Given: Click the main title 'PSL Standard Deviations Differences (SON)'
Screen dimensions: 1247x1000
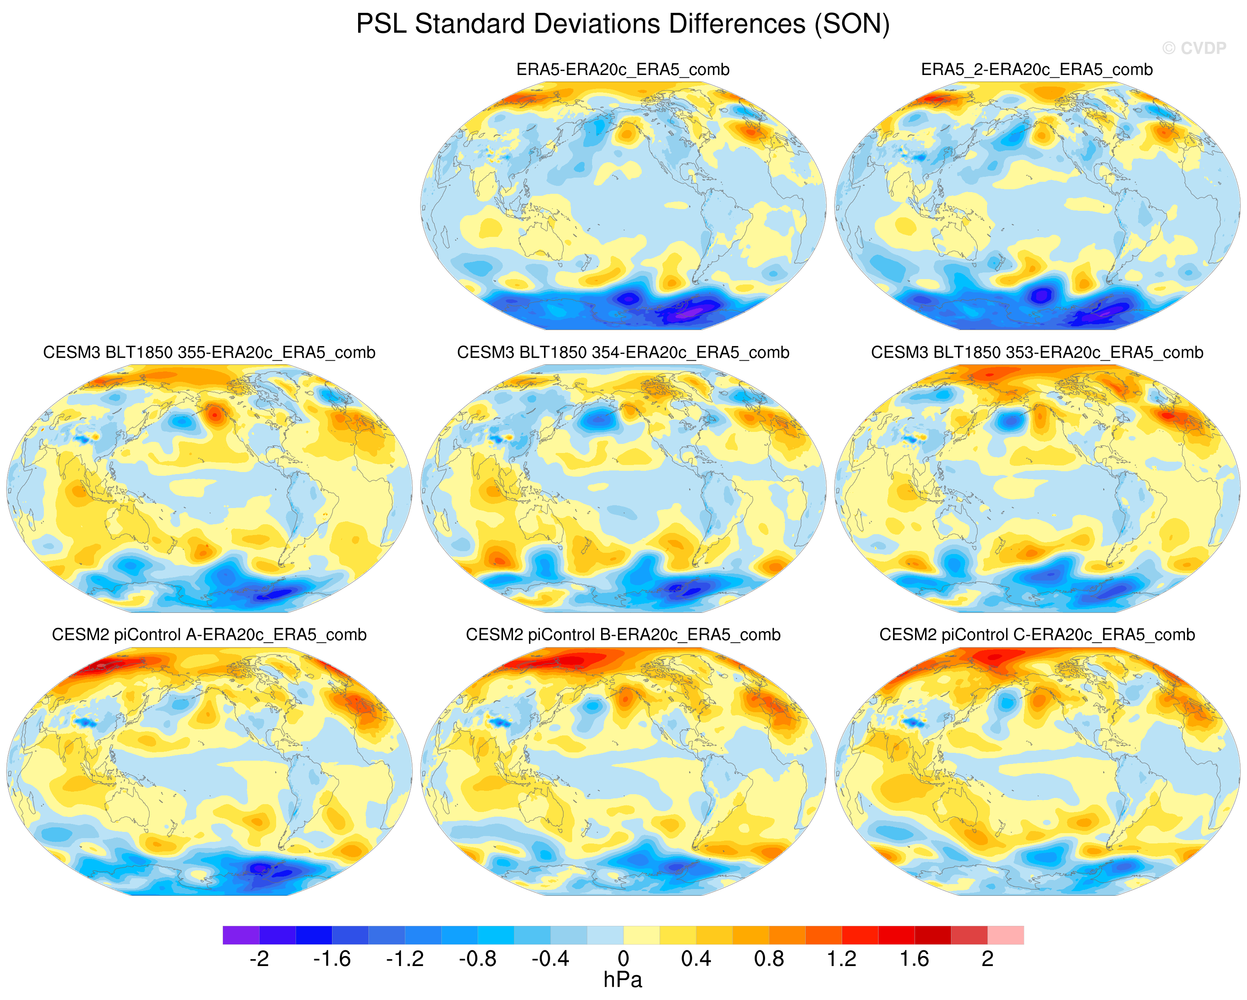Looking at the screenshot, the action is (x=623, y=24).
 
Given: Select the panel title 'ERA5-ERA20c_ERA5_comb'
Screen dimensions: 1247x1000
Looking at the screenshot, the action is (x=623, y=70).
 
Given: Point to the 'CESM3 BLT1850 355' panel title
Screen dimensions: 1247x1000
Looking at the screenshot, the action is (x=209, y=352).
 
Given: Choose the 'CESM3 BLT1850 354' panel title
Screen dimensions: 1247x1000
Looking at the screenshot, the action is (x=623, y=352).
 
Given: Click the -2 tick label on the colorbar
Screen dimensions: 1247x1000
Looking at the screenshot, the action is (x=259, y=959).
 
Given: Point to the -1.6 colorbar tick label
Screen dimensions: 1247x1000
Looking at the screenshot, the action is (x=332, y=959).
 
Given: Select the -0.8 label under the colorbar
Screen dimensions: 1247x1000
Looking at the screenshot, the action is (x=478, y=959).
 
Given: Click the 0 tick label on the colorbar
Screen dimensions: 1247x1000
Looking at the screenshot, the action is (x=623, y=959).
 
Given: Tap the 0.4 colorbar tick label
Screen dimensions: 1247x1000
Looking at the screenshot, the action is (x=696, y=959).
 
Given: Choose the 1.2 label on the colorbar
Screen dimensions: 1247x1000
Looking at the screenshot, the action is (x=842, y=959).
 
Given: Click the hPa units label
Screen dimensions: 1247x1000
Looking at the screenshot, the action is (x=623, y=980).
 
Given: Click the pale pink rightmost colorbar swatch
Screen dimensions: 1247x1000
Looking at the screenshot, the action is (x=1006, y=935).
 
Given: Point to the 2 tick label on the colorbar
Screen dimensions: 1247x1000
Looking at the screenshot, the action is (x=987, y=959).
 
